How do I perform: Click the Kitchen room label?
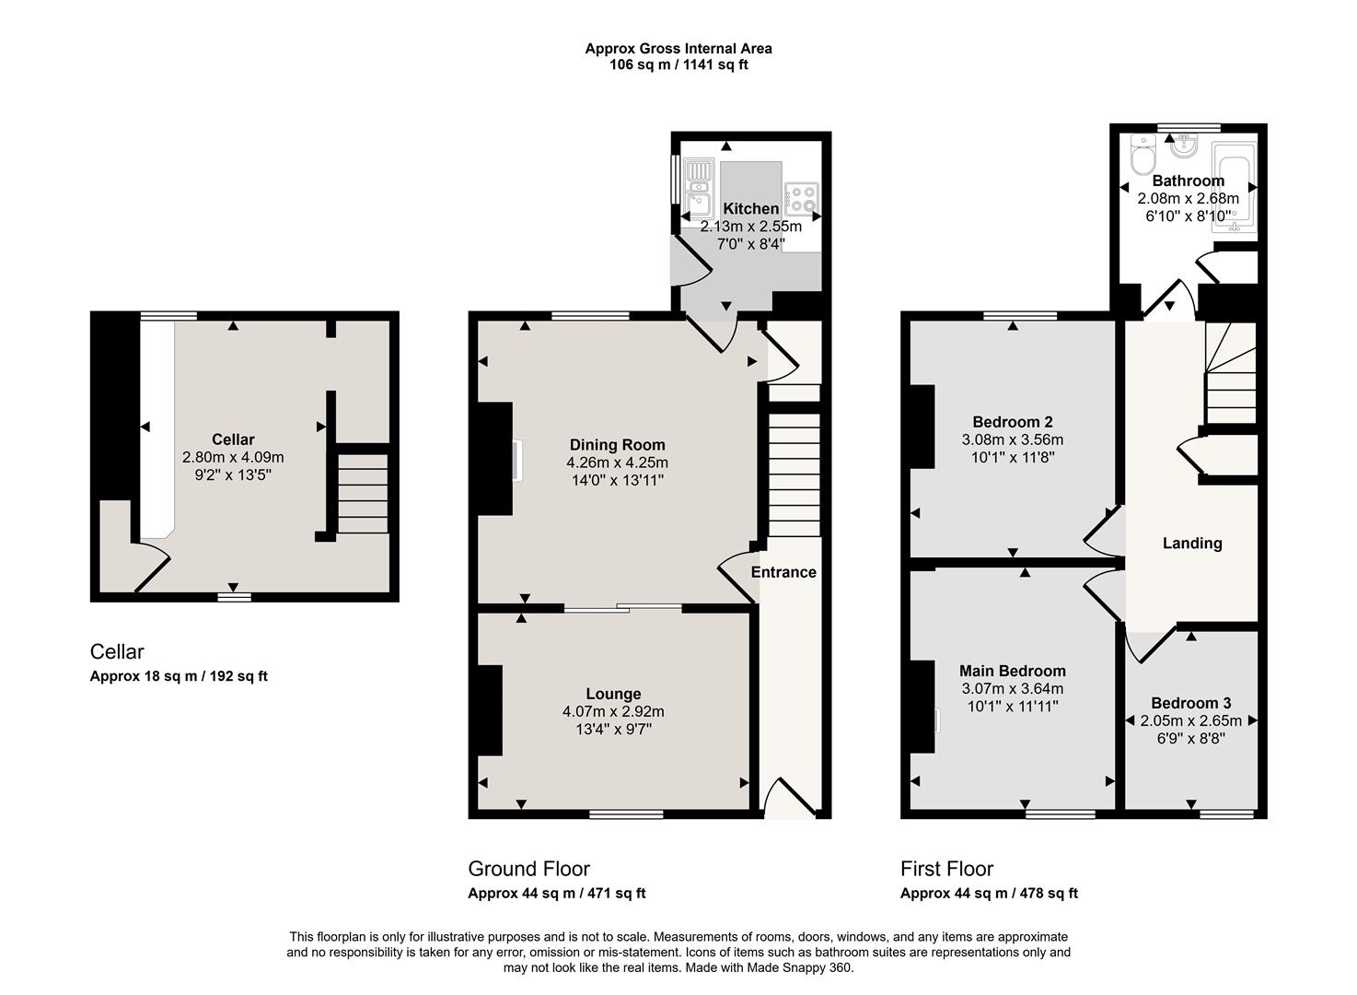[x=750, y=208]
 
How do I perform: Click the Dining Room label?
[x=618, y=445]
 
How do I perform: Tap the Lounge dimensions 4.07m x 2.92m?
[x=613, y=711]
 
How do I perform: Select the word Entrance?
[x=783, y=572]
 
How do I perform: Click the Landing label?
[x=1192, y=544]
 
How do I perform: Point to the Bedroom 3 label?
[x=1191, y=703]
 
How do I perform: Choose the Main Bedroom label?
[x=1013, y=672]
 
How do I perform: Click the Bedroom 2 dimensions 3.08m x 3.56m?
[x=1013, y=439]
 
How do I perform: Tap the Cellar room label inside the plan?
[x=233, y=439]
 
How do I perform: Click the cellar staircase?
[x=363, y=494]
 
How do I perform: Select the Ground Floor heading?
[x=528, y=869]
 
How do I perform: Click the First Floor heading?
[x=947, y=869]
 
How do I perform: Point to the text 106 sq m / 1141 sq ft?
[x=678, y=64]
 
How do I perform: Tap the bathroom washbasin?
[x=1182, y=145]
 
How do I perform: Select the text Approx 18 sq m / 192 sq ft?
[x=179, y=676]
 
